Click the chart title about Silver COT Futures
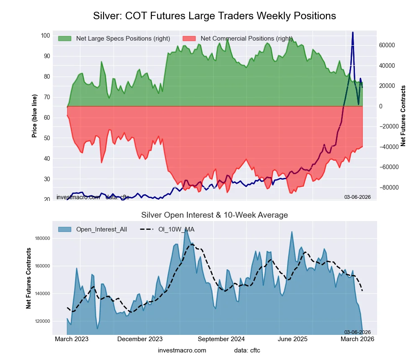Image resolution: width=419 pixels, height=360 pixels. pos(214,16)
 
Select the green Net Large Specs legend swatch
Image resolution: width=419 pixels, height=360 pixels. pos(65,39)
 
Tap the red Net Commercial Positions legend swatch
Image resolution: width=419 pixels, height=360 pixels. pos(189,39)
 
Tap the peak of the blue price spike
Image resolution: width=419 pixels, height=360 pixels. pos(353,32)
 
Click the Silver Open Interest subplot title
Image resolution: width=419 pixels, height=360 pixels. pos(214,215)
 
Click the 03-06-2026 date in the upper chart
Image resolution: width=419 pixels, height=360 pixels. pos(357,197)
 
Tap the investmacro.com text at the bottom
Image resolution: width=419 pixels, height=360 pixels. pos(182,350)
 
